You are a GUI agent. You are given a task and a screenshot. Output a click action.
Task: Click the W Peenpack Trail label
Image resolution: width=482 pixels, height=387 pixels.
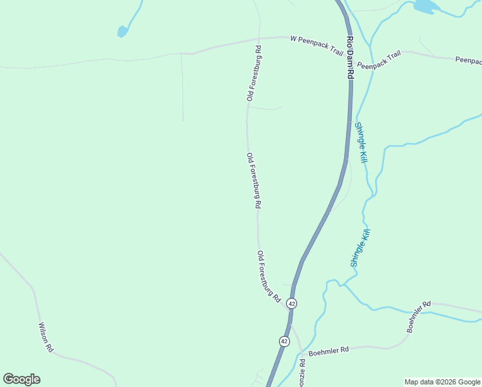coord(316,45)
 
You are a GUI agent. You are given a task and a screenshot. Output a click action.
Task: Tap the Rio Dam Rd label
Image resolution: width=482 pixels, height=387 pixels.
coord(350,57)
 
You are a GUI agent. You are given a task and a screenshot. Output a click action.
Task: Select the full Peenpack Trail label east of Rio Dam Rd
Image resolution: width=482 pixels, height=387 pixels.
coord(379,60)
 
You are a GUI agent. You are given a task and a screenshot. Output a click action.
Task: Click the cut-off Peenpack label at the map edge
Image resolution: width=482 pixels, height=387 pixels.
coord(468,60)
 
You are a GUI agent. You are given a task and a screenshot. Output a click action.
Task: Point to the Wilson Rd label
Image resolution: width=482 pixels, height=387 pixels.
coord(46,337)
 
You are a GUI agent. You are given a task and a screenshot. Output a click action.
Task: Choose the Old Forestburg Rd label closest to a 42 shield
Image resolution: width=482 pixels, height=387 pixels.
coord(269,277)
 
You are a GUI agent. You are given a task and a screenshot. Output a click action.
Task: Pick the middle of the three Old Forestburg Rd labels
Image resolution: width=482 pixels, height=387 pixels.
coord(253,180)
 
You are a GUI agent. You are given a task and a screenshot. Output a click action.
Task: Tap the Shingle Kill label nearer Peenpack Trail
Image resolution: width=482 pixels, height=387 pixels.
coord(360,142)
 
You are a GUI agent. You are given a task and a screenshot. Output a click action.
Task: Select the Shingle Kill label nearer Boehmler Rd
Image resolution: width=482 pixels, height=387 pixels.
coord(360,248)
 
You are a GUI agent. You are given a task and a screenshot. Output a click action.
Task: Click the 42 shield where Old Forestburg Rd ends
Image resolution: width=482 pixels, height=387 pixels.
coord(292,303)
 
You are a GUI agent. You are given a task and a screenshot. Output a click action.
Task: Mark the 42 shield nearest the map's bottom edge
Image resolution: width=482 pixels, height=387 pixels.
coord(284,341)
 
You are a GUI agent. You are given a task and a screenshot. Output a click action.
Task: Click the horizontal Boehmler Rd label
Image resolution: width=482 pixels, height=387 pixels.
coord(328,350)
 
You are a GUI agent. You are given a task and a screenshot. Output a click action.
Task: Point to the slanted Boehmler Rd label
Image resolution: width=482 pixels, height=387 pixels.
coord(418,316)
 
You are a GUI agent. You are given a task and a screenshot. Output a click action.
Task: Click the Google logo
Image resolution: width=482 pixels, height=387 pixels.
coord(21,379)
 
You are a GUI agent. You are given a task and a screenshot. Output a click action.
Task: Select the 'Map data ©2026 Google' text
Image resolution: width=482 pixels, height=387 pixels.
coord(442,382)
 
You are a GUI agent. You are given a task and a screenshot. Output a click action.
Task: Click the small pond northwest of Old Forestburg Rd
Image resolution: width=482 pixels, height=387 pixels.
coord(122,31)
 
